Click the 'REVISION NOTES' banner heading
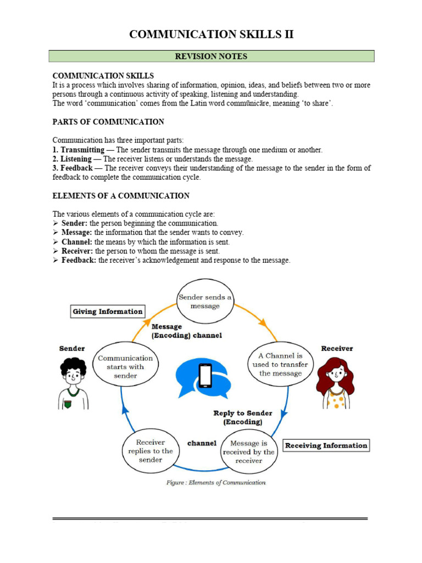(x=211, y=56)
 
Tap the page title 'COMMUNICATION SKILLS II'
(x=211, y=35)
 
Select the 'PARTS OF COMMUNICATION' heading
(x=108, y=122)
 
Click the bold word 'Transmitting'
(x=83, y=150)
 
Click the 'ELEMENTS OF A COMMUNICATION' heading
(x=121, y=196)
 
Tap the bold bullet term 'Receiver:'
(x=77, y=251)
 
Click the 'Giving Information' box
(x=108, y=311)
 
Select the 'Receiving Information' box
(x=326, y=445)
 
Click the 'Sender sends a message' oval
(x=205, y=301)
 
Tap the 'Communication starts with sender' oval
(x=125, y=366)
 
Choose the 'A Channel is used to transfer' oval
(x=280, y=364)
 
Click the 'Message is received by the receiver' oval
(x=248, y=451)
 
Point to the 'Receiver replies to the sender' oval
(x=150, y=451)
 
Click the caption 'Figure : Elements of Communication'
(x=216, y=483)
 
